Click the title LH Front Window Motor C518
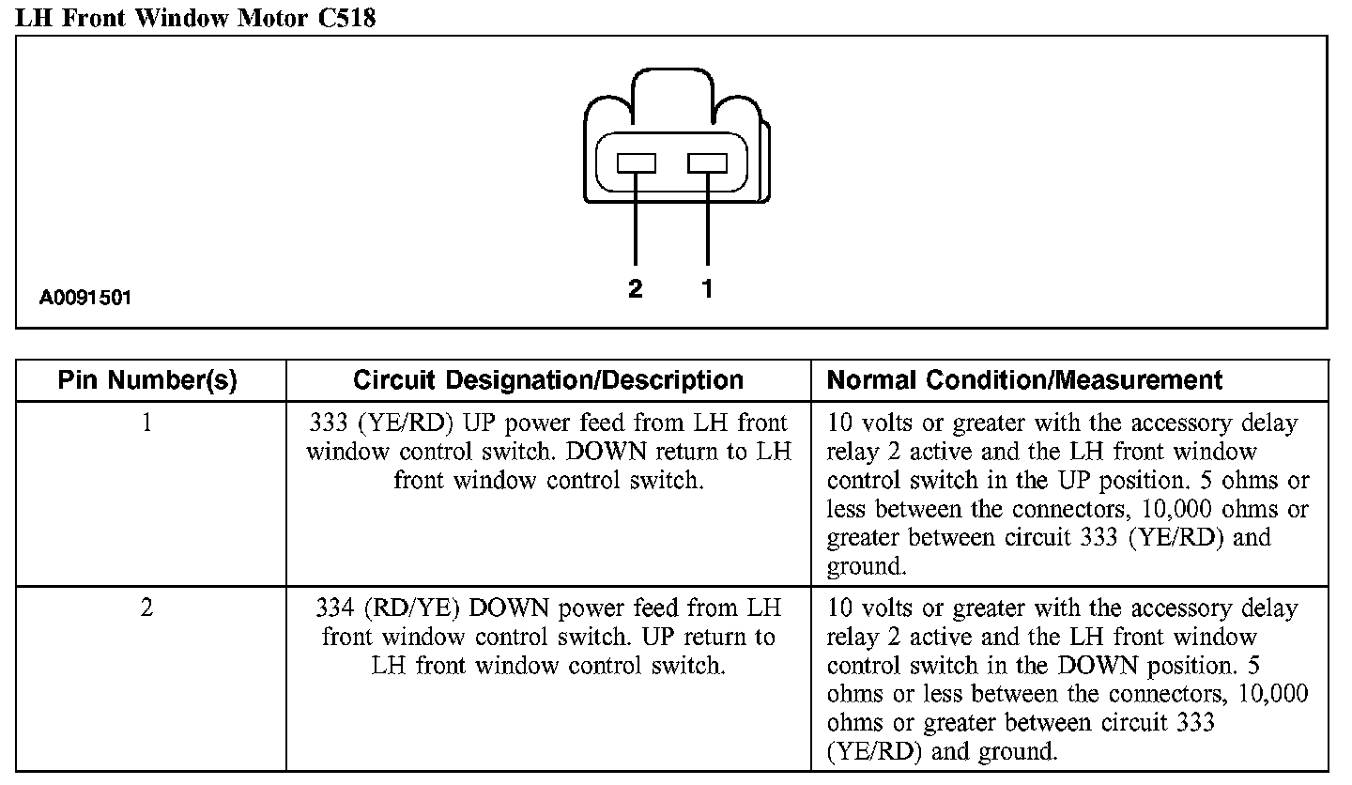pos(195,17)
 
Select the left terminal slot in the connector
pos(636,163)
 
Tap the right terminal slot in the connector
pos(707,163)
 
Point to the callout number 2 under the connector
pos(636,289)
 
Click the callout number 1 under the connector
pos(707,289)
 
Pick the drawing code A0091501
pos(85,299)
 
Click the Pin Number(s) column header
pos(147,380)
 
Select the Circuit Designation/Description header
pos(548,380)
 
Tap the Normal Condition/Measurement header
pos(1024,380)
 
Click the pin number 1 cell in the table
pos(147,423)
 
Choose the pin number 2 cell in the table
pos(147,608)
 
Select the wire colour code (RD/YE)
pos(413,608)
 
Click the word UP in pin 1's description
pos(492,423)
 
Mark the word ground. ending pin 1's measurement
pos(867,567)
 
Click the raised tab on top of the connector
pos(674,89)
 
